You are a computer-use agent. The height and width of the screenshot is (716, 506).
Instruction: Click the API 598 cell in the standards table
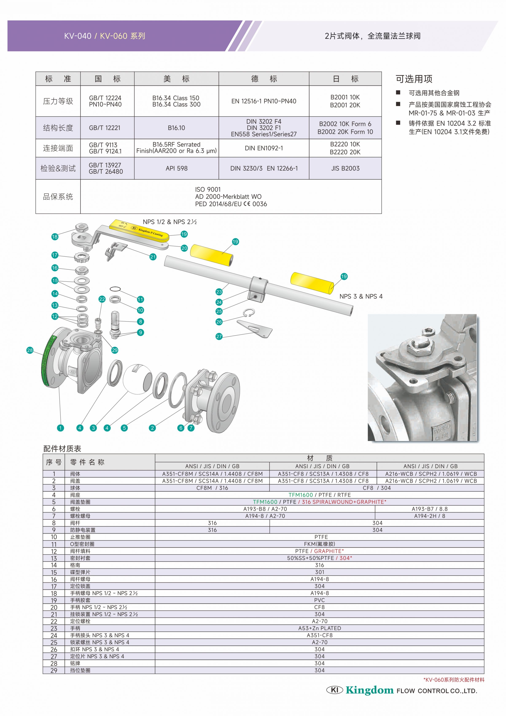coord(177,168)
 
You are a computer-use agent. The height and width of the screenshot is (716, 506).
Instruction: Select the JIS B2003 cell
coord(345,168)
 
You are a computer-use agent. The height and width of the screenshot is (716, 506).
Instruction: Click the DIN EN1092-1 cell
coord(264,148)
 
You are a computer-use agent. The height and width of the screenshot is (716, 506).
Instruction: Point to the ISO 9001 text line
coord(208,189)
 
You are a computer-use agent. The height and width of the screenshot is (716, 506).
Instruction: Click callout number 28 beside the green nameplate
coord(30,350)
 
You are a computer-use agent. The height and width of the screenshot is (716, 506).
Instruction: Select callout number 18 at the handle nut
coord(55,237)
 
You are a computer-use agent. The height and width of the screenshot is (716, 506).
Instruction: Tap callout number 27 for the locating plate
coord(219,337)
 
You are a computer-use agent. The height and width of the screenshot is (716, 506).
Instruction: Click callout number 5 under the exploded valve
coord(124,428)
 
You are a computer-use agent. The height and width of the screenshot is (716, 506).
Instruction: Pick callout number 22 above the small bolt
coord(102,299)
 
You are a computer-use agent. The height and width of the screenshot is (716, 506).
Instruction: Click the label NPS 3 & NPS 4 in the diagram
coord(361,296)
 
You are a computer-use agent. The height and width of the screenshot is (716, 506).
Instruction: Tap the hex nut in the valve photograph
coord(419,347)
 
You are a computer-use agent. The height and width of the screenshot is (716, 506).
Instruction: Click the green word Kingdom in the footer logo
coord(370,690)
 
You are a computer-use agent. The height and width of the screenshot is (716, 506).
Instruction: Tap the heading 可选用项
coord(414,79)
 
